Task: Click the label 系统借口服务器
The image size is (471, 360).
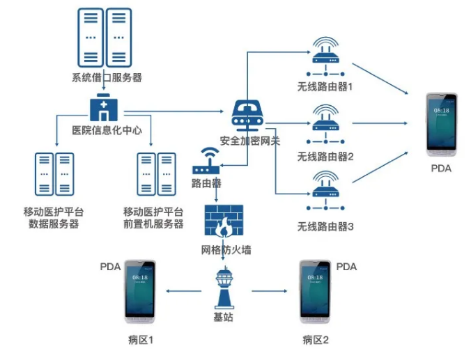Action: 107,78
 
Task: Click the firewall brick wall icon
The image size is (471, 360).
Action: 224,222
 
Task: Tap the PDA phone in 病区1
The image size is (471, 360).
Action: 140,292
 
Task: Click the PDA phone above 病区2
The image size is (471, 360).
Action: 315,292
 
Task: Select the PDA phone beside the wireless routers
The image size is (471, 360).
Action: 442,125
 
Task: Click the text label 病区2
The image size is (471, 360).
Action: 316,340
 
